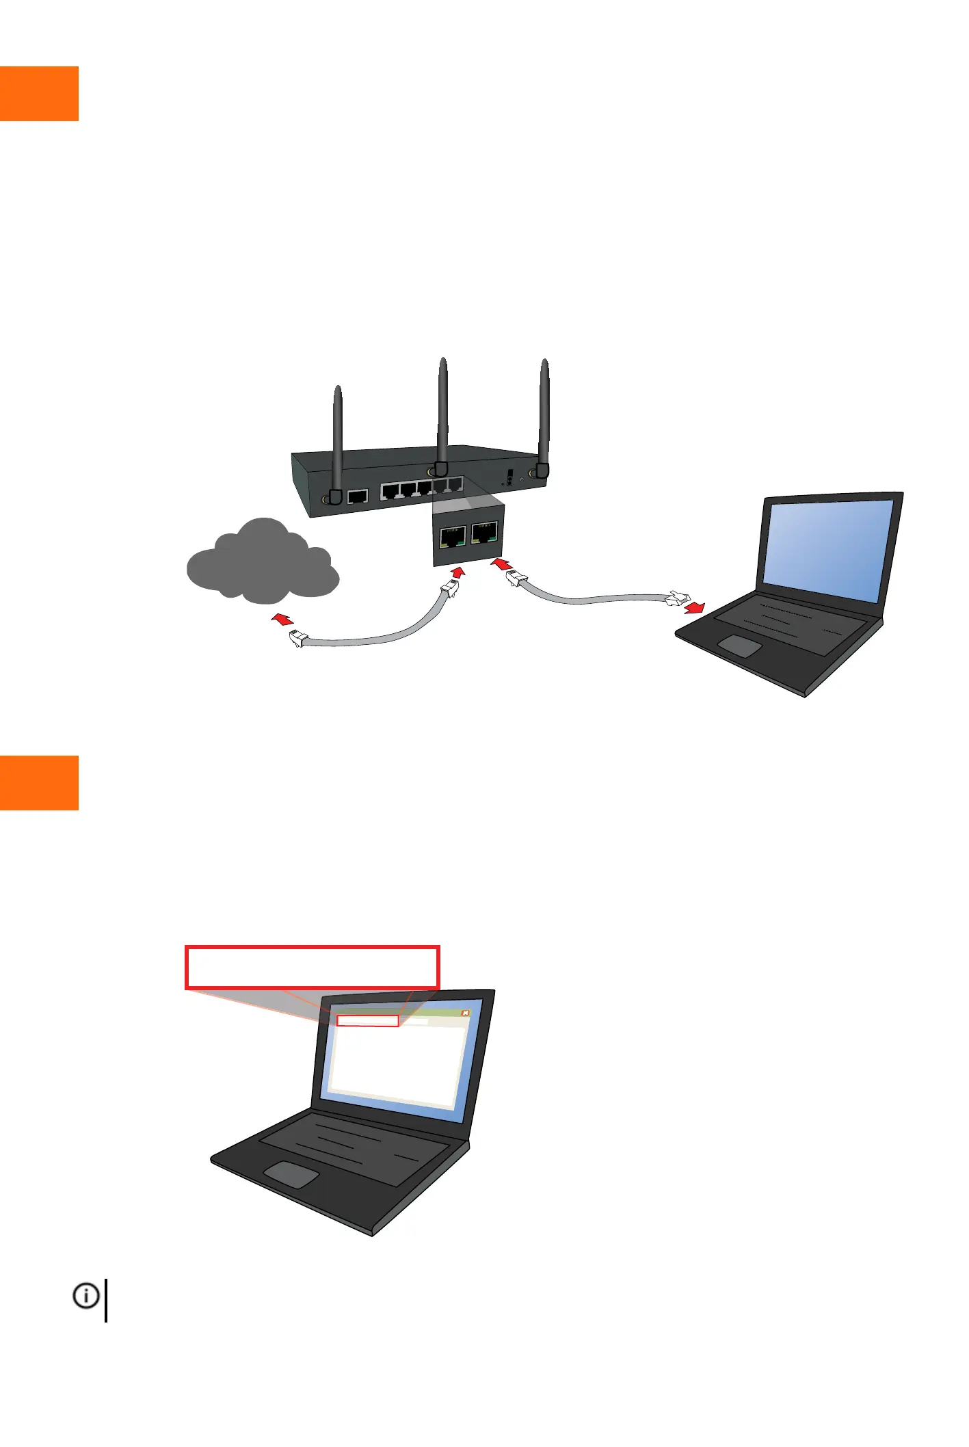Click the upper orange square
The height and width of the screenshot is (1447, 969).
pyautogui.click(x=39, y=94)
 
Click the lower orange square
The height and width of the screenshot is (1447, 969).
pyautogui.click(x=39, y=782)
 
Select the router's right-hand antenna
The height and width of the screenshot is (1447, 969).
pyautogui.click(x=544, y=410)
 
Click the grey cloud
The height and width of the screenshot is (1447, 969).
pyautogui.click(x=263, y=564)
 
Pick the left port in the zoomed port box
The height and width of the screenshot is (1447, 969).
pyautogui.click(x=453, y=536)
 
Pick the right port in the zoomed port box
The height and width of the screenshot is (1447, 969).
pyautogui.click(x=484, y=532)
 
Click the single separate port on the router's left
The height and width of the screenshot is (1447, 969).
pyautogui.click(x=358, y=496)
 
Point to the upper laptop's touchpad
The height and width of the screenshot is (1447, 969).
pyautogui.click(x=739, y=646)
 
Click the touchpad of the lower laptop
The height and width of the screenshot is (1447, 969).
pyautogui.click(x=291, y=1174)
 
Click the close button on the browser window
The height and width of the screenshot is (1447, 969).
pyautogui.click(x=466, y=1013)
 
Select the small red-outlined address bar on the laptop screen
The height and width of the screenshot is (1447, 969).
pyautogui.click(x=368, y=1021)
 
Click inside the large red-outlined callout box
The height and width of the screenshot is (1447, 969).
pyautogui.click(x=312, y=968)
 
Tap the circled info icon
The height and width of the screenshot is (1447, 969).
pyautogui.click(x=86, y=1296)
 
